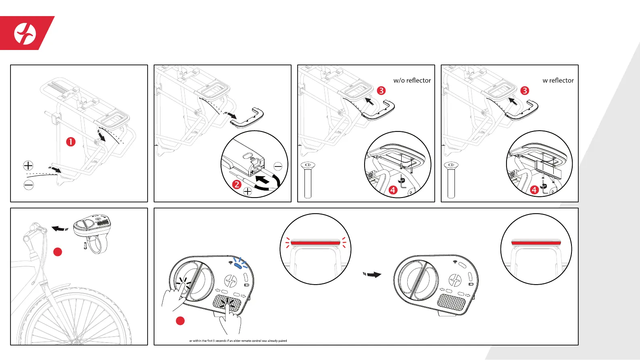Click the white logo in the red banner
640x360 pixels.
25,33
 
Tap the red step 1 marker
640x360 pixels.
71,142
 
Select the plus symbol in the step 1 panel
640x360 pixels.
28,165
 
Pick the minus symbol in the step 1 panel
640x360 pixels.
29,185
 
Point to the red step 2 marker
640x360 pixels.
237,185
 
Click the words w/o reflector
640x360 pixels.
412,80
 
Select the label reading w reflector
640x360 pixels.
558,80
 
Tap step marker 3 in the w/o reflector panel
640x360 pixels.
381,91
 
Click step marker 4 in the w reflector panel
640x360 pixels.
534,189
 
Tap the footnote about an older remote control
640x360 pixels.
238,341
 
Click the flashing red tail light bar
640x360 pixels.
315,243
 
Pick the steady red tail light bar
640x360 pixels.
536,243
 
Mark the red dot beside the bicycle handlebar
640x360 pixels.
58,252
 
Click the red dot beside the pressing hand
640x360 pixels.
180,321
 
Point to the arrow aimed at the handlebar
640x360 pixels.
60,229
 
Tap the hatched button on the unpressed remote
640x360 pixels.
451,301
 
